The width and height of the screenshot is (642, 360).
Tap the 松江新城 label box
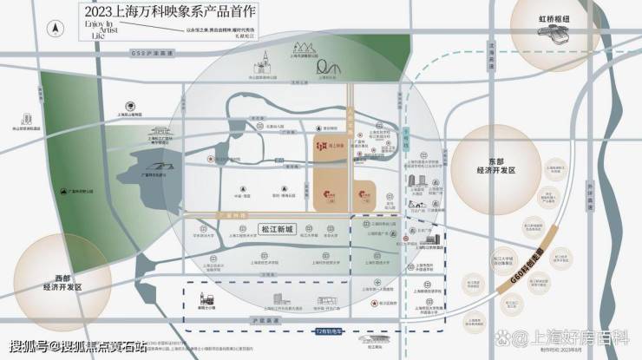278,229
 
